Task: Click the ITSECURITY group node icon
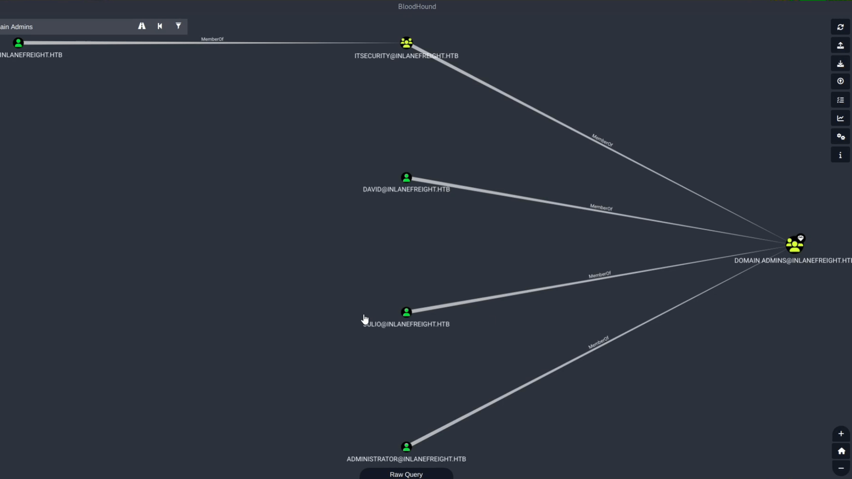[x=406, y=43]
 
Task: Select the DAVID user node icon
[x=406, y=178]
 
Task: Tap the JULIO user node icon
[x=406, y=313]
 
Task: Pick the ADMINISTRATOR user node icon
[x=406, y=447]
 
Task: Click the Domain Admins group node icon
[x=794, y=245]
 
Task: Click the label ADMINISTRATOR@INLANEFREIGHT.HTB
[x=406, y=459]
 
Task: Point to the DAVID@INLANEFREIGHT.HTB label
[x=406, y=189]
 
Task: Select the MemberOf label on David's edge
[x=601, y=208]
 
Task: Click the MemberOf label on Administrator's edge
[x=599, y=342]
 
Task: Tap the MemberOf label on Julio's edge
[x=600, y=275]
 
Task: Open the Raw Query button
[x=406, y=474]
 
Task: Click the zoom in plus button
[x=840, y=434]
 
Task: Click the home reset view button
[x=840, y=451]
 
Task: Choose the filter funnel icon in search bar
[x=178, y=26]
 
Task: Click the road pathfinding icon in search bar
[x=142, y=26]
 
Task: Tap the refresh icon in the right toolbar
[x=840, y=27]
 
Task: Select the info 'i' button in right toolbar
[x=840, y=155]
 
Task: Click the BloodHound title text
[x=417, y=7]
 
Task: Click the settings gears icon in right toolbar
[x=840, y=137]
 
